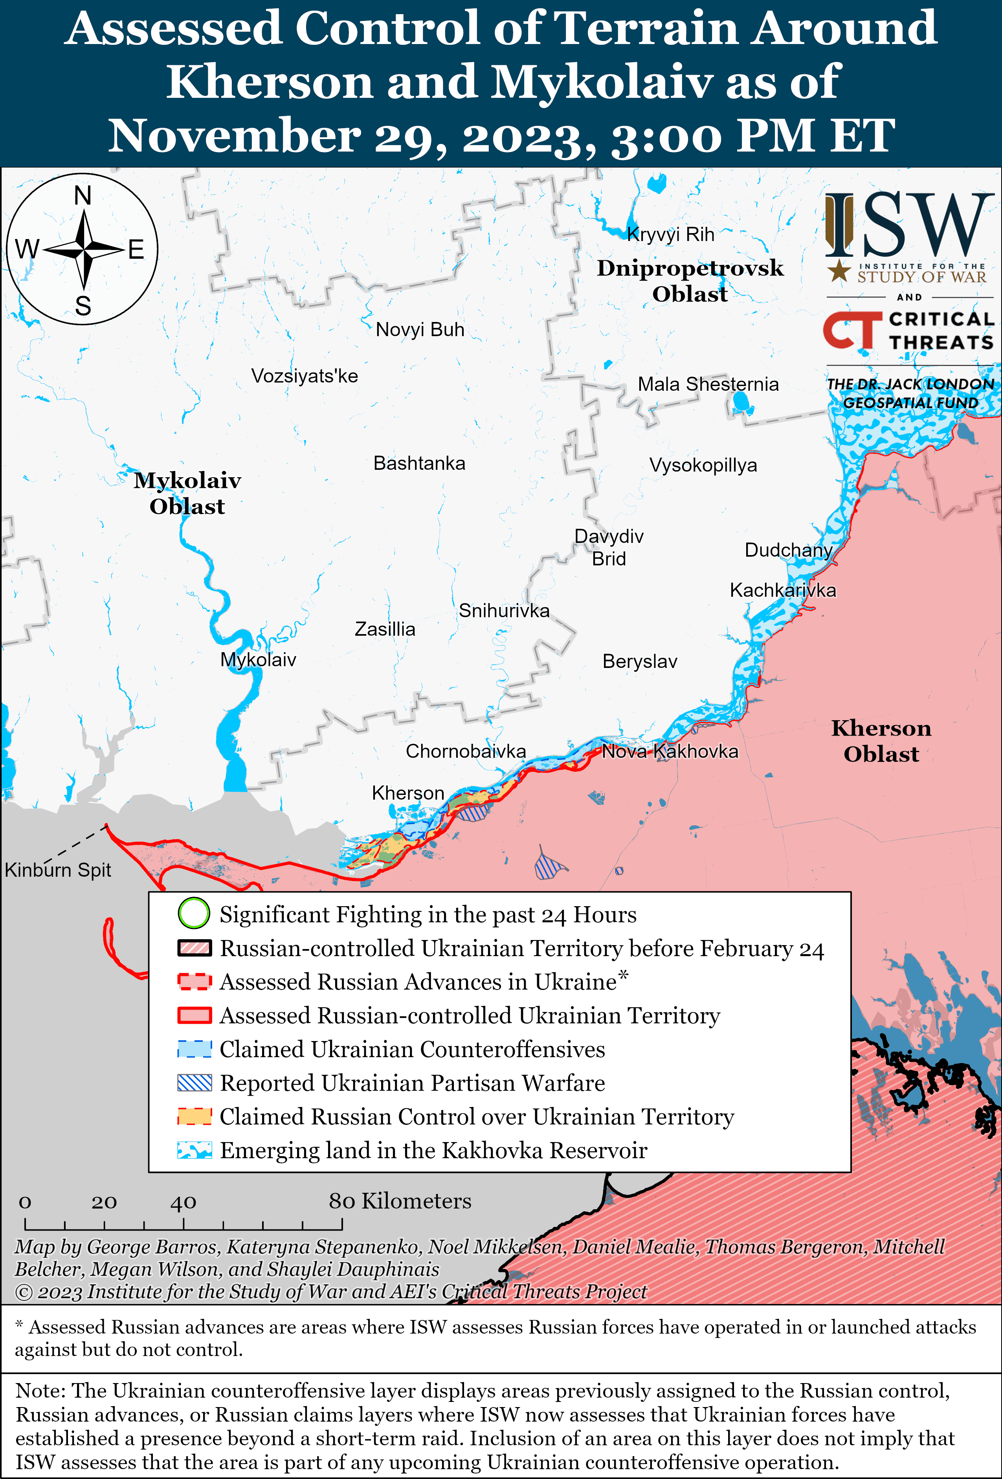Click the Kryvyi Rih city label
[x=670, y=235]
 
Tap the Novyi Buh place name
[x=420, y=330]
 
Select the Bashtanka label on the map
[x=419, y=463]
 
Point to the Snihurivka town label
[x=504, y=611]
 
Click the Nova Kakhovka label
[x=670, y=752]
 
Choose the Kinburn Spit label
[x=58, y=870]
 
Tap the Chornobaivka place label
[x=466, y=752]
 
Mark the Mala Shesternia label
[x=708, y=384]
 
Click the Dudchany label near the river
[x=788, y=550]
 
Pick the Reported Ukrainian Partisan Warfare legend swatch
[x=194, y=1083]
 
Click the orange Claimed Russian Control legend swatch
[x=194, y=1116]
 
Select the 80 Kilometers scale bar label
[x=400, y=1201]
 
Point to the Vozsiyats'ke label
[x=304, y=376]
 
